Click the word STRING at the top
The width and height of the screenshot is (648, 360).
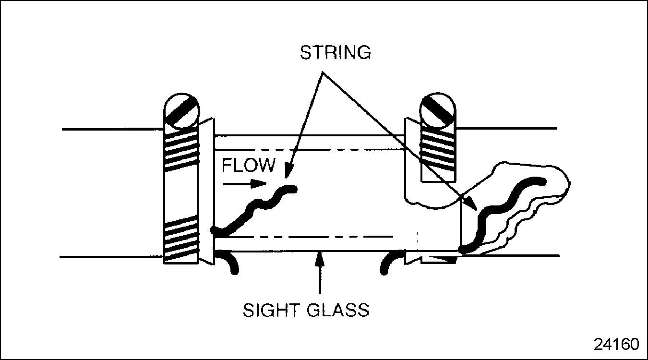pyautogui.click(x=335, y=52)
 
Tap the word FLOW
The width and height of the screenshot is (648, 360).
pyautogui.click(x=249, y=165)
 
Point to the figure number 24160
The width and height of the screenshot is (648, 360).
pyautogui.click(x=616, y=344)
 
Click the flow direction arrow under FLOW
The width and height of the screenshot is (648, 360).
pyautogui.click(x=245, y=183)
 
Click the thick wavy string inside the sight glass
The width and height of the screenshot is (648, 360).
pyautogui.click(x=254, y=209)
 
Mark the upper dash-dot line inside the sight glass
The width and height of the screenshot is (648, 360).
pyautogui.click(x=307, y=149)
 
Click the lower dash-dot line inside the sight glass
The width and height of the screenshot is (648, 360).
pyautogui.click(x=307, y=237)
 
